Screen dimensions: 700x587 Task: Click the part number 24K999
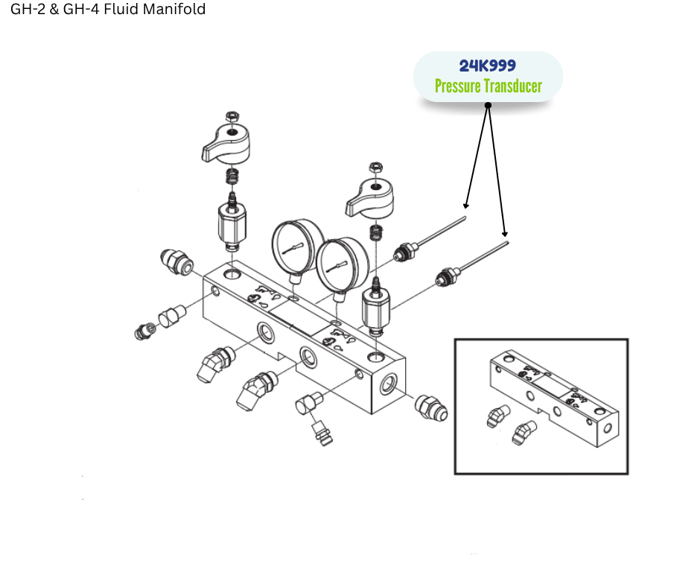488,66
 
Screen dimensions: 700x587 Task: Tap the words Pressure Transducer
489,86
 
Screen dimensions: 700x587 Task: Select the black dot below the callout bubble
488,106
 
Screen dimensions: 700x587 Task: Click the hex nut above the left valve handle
232,118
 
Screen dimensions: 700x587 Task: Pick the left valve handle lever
226,143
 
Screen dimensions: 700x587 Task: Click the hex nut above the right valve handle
376,168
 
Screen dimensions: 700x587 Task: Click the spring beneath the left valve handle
232,176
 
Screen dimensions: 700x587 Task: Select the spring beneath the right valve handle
376,232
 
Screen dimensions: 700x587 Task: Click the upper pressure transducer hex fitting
405,252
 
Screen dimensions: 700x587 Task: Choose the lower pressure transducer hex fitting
448,277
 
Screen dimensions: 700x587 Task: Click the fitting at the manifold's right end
431,407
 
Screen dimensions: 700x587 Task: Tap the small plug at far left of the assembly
144,331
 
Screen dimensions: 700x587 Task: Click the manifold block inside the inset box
553,399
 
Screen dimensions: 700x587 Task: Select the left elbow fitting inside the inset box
497,416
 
